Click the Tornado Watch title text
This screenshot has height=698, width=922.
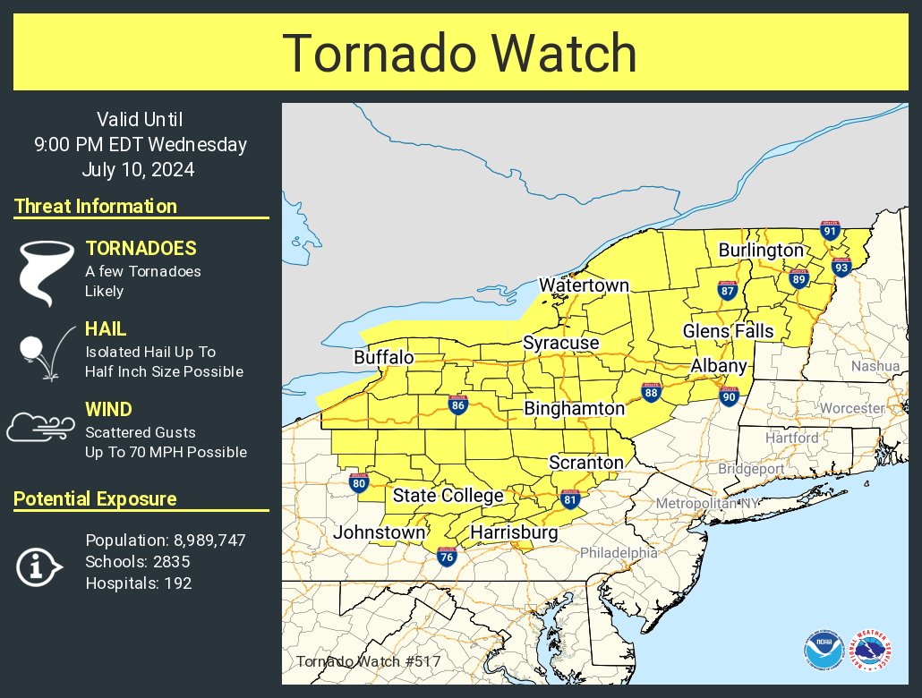pos(460,54)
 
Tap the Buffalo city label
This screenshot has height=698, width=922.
pos(384,358)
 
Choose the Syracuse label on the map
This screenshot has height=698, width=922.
pos(561,343)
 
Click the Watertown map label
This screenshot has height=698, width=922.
pos(584,285)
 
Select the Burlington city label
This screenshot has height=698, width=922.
pos(760,250)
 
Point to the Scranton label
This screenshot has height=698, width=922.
pos(585,463)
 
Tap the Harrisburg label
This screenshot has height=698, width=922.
pos(514,533)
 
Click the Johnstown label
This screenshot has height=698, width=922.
pos(380,532)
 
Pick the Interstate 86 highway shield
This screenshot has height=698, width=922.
pos(458,405)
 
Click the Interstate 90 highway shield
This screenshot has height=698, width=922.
pos(730,396)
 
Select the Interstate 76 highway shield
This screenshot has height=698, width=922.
pos(446,557)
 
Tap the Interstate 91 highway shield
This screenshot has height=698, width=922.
pos(830,232)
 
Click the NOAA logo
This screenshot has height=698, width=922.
pos(822,651)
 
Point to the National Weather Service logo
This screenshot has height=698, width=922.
pos(870,651)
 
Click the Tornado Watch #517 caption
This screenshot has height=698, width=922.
pos(368,662)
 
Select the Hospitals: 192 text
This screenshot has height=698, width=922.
pos(138,583)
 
